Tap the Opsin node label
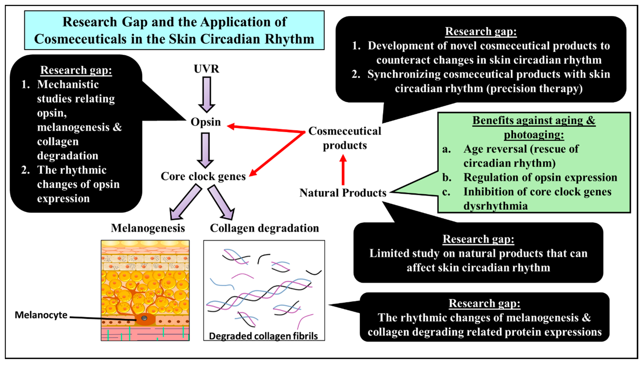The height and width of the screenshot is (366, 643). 206,122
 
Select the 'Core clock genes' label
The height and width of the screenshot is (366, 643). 203,176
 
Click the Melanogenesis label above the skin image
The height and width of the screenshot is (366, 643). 148,228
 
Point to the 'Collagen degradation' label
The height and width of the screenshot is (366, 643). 264,228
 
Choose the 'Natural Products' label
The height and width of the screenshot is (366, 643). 343,193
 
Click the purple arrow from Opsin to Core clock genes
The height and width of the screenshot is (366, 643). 205,150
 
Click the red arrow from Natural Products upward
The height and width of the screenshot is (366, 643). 343,170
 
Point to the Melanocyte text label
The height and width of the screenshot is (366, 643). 41,315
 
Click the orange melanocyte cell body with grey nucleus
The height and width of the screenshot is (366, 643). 144,319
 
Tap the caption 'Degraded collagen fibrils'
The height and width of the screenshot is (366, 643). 263,336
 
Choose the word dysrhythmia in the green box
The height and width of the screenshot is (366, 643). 496,206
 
